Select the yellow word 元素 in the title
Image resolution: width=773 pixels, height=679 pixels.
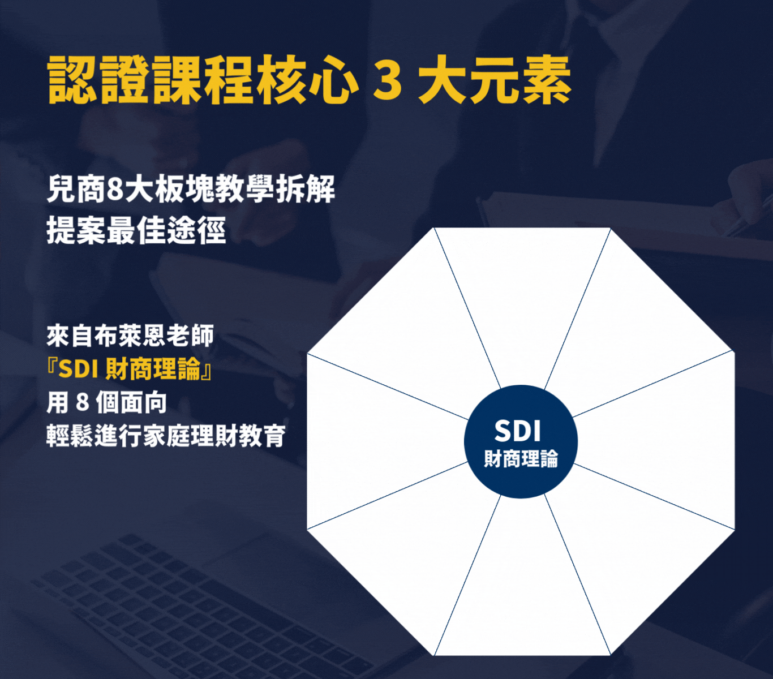pyautogui.click(x=521, y=80)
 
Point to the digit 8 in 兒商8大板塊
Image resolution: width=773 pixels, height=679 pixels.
pyautogui.click(x=114, y=190)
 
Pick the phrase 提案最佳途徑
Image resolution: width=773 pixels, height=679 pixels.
pyautogui.click(x=136, y=230)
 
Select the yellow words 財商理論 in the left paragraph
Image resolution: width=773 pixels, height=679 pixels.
pyautogui.click(x=153, y=369)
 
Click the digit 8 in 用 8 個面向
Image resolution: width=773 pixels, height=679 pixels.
pyautogui.click(x=83, y=402)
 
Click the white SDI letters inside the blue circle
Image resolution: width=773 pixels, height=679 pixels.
pyautogui.click(x=518, y=431)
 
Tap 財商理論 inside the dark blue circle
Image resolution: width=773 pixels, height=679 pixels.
pyautogui.click(x=521, y=459)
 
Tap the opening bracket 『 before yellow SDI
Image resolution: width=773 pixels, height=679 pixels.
pyautogui.click(x=52, y=369)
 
